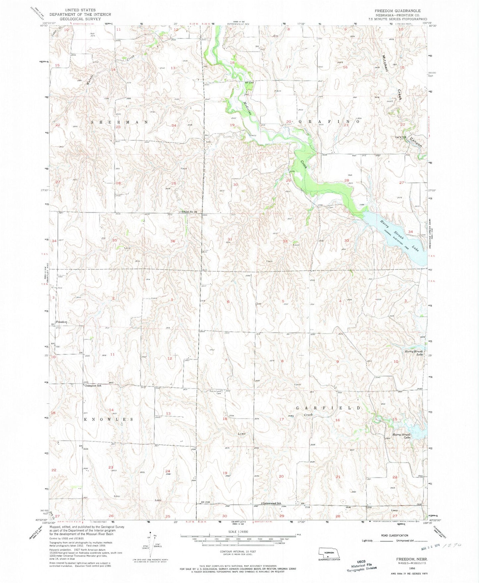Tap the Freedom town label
(x=62, y=322)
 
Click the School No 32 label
(x=189, y=212)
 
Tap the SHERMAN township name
(x=119, y=122)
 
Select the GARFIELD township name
(x=328, y=408)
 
